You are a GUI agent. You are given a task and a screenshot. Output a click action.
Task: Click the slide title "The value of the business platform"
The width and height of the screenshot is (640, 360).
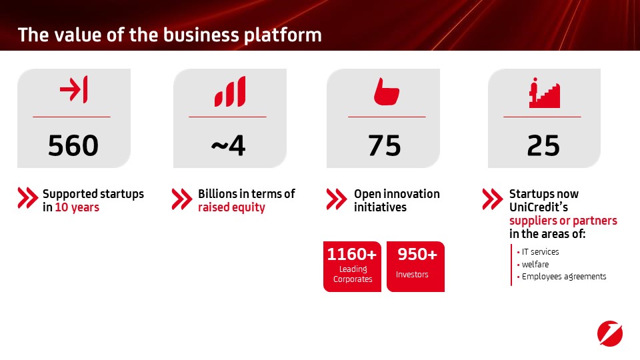(170, 35)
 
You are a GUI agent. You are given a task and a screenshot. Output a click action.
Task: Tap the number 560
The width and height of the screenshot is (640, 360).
(73, 146)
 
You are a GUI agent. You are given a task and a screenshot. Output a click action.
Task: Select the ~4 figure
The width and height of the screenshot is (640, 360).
(228, 146)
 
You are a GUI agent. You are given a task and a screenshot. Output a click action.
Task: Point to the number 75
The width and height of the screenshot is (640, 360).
(385, 146)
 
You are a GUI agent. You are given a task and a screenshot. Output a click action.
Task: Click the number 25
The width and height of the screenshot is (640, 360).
(543, 146)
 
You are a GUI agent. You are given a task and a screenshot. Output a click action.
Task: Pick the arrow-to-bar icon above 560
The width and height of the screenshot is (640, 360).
(73, 89)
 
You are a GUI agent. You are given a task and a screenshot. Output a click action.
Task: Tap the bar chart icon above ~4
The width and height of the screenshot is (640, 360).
(230, 91)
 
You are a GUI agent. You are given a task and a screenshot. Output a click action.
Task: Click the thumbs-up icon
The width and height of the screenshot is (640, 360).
(386, 91)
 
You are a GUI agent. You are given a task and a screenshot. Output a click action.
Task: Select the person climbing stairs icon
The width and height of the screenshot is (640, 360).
(545, 93)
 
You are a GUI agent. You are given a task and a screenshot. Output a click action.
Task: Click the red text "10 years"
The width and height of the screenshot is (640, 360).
(77, 207)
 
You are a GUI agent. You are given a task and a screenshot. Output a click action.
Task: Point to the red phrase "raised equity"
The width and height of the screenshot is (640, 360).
(231, 207)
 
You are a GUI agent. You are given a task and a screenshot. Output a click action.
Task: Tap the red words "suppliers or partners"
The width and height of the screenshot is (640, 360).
(563, 221)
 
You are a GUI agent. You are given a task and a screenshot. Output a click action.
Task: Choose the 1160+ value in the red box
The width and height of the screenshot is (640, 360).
(352, 254)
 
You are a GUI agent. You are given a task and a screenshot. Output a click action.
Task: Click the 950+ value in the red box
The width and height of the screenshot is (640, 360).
(417, 254)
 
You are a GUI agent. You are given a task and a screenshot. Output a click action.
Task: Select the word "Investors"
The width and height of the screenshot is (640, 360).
(412, 275)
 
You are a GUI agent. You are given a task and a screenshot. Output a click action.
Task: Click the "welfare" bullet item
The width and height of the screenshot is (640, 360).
(533, 265)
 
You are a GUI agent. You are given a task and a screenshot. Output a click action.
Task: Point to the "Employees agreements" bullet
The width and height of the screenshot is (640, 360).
(561, 277)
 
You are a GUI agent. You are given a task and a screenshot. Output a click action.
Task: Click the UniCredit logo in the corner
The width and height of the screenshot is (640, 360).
(610, 333)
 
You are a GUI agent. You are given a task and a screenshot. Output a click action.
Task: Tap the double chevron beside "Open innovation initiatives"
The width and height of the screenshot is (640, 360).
(337, 199)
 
